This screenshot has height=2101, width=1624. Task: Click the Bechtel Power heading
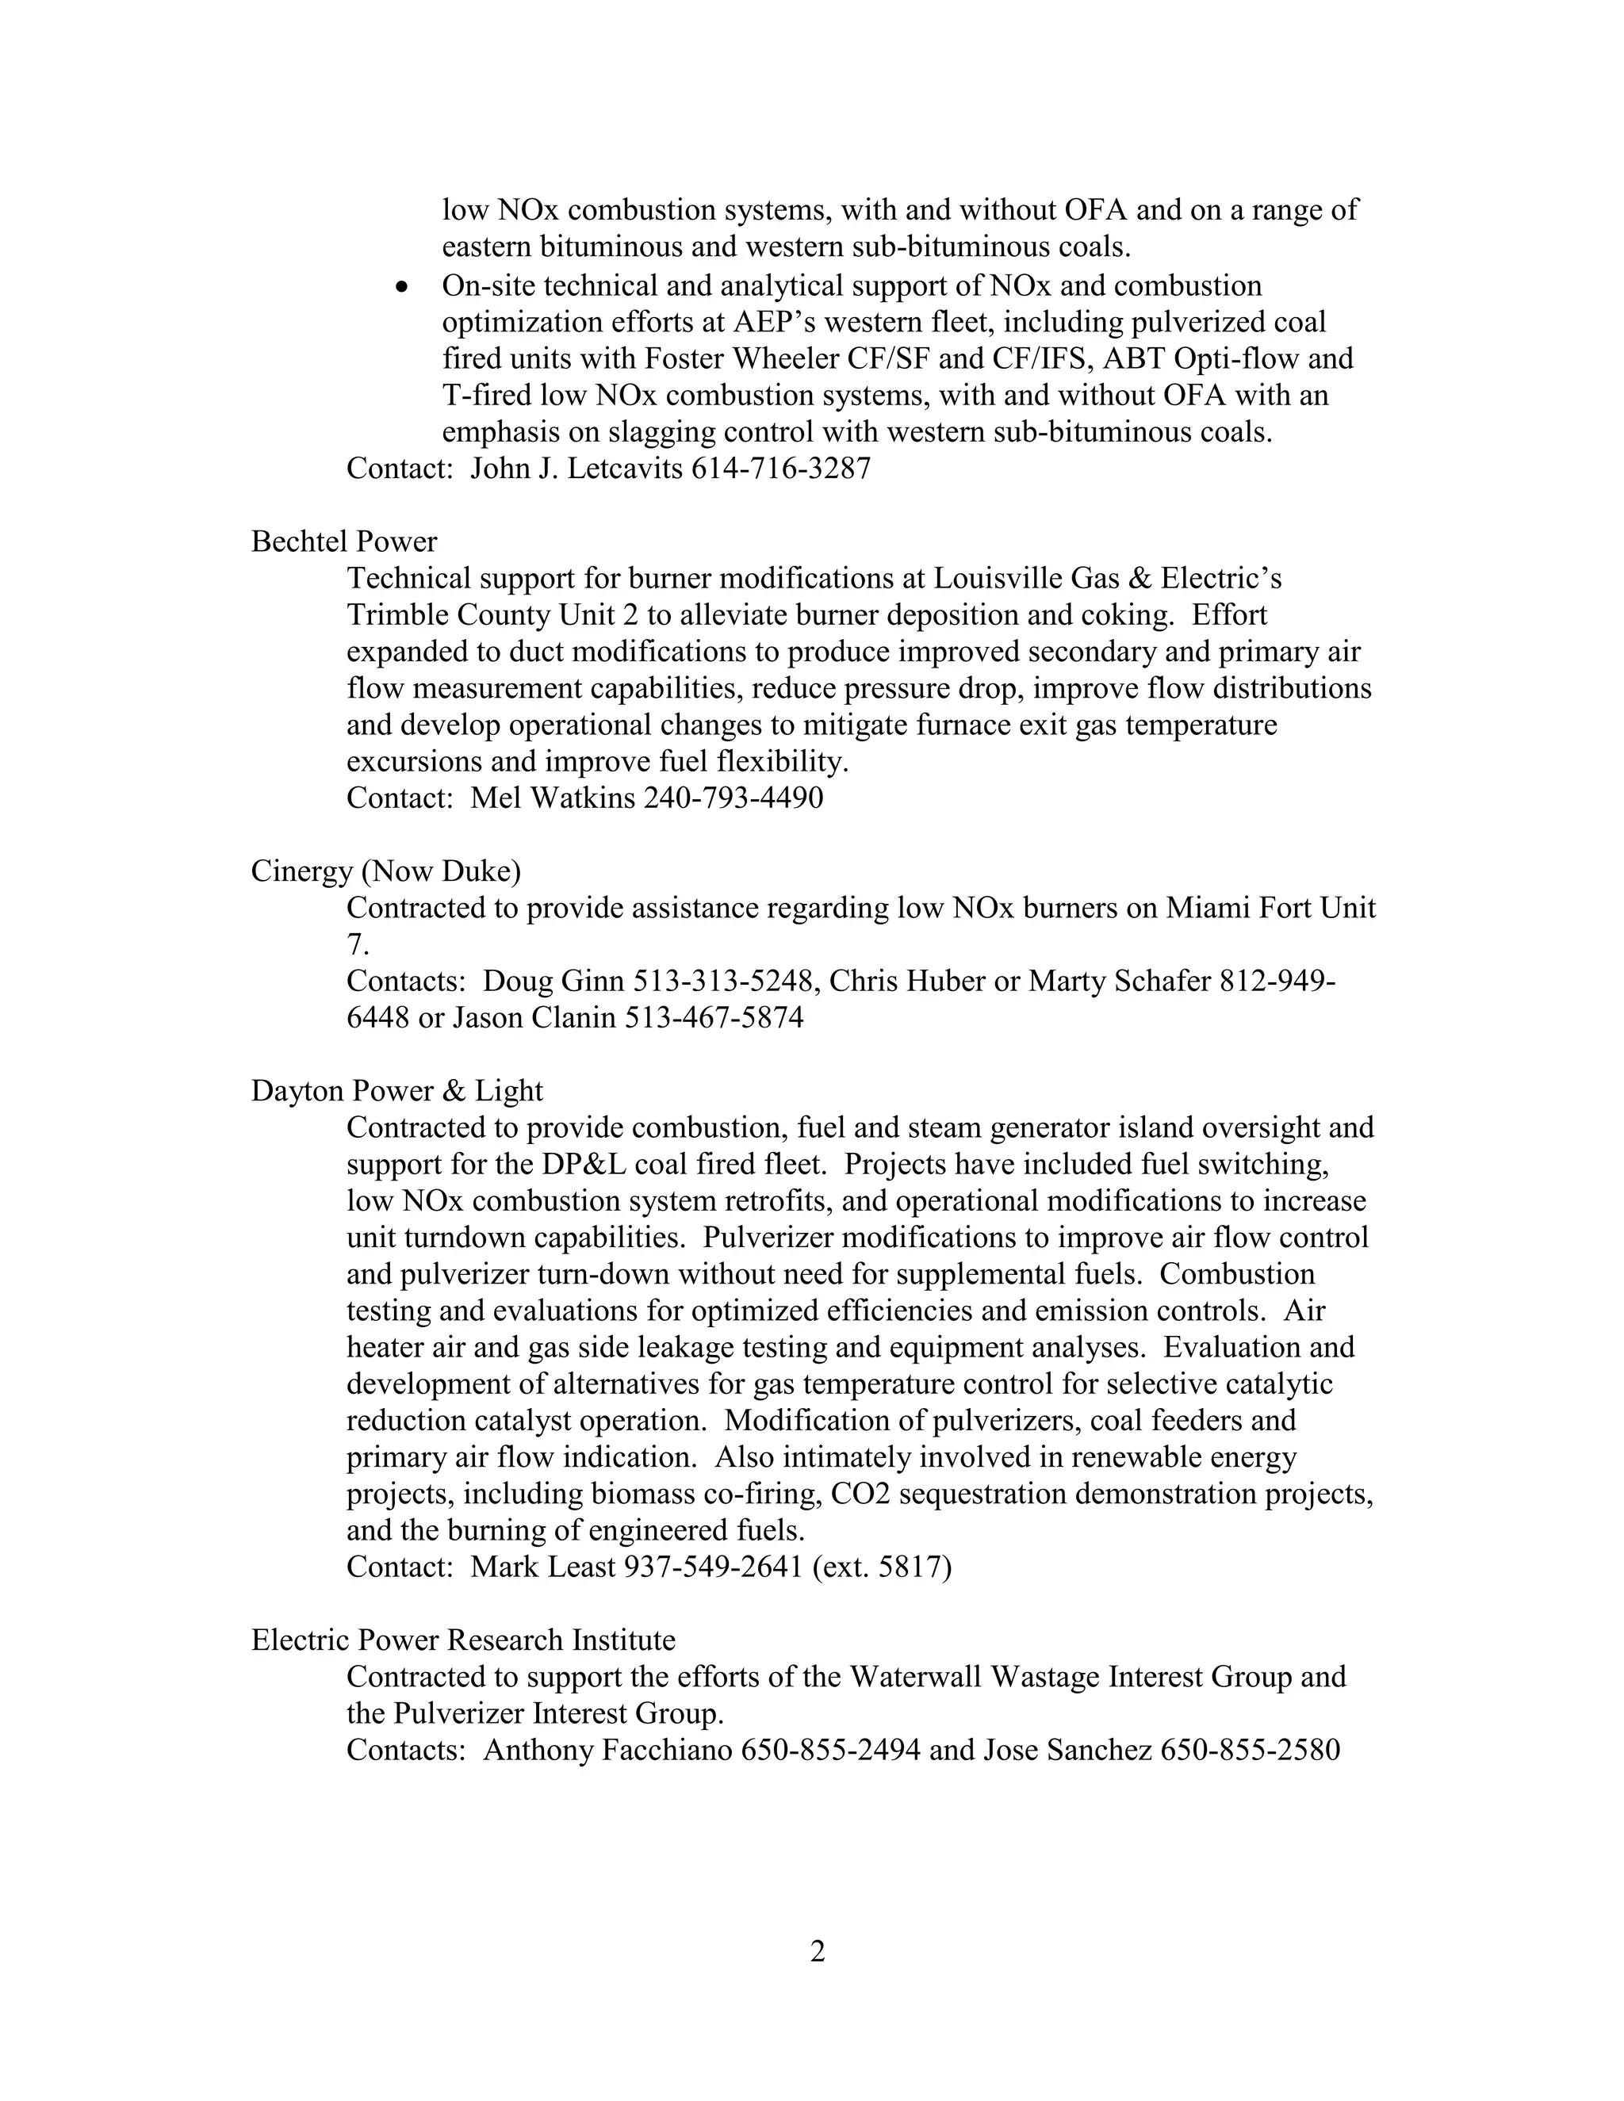click(343, 542)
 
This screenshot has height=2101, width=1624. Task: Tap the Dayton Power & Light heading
click(396, 1090)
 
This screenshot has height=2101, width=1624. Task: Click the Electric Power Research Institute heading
click(463, 1640)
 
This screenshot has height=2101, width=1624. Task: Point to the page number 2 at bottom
click(817, 1951)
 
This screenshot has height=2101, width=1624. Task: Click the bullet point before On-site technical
click(403, 288)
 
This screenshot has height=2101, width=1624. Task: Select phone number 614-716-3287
click(780, 469)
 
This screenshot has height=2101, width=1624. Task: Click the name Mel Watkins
click(552, 798)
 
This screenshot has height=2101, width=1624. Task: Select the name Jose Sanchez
click(1066, 1750)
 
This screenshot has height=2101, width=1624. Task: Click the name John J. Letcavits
click(576, 469)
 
